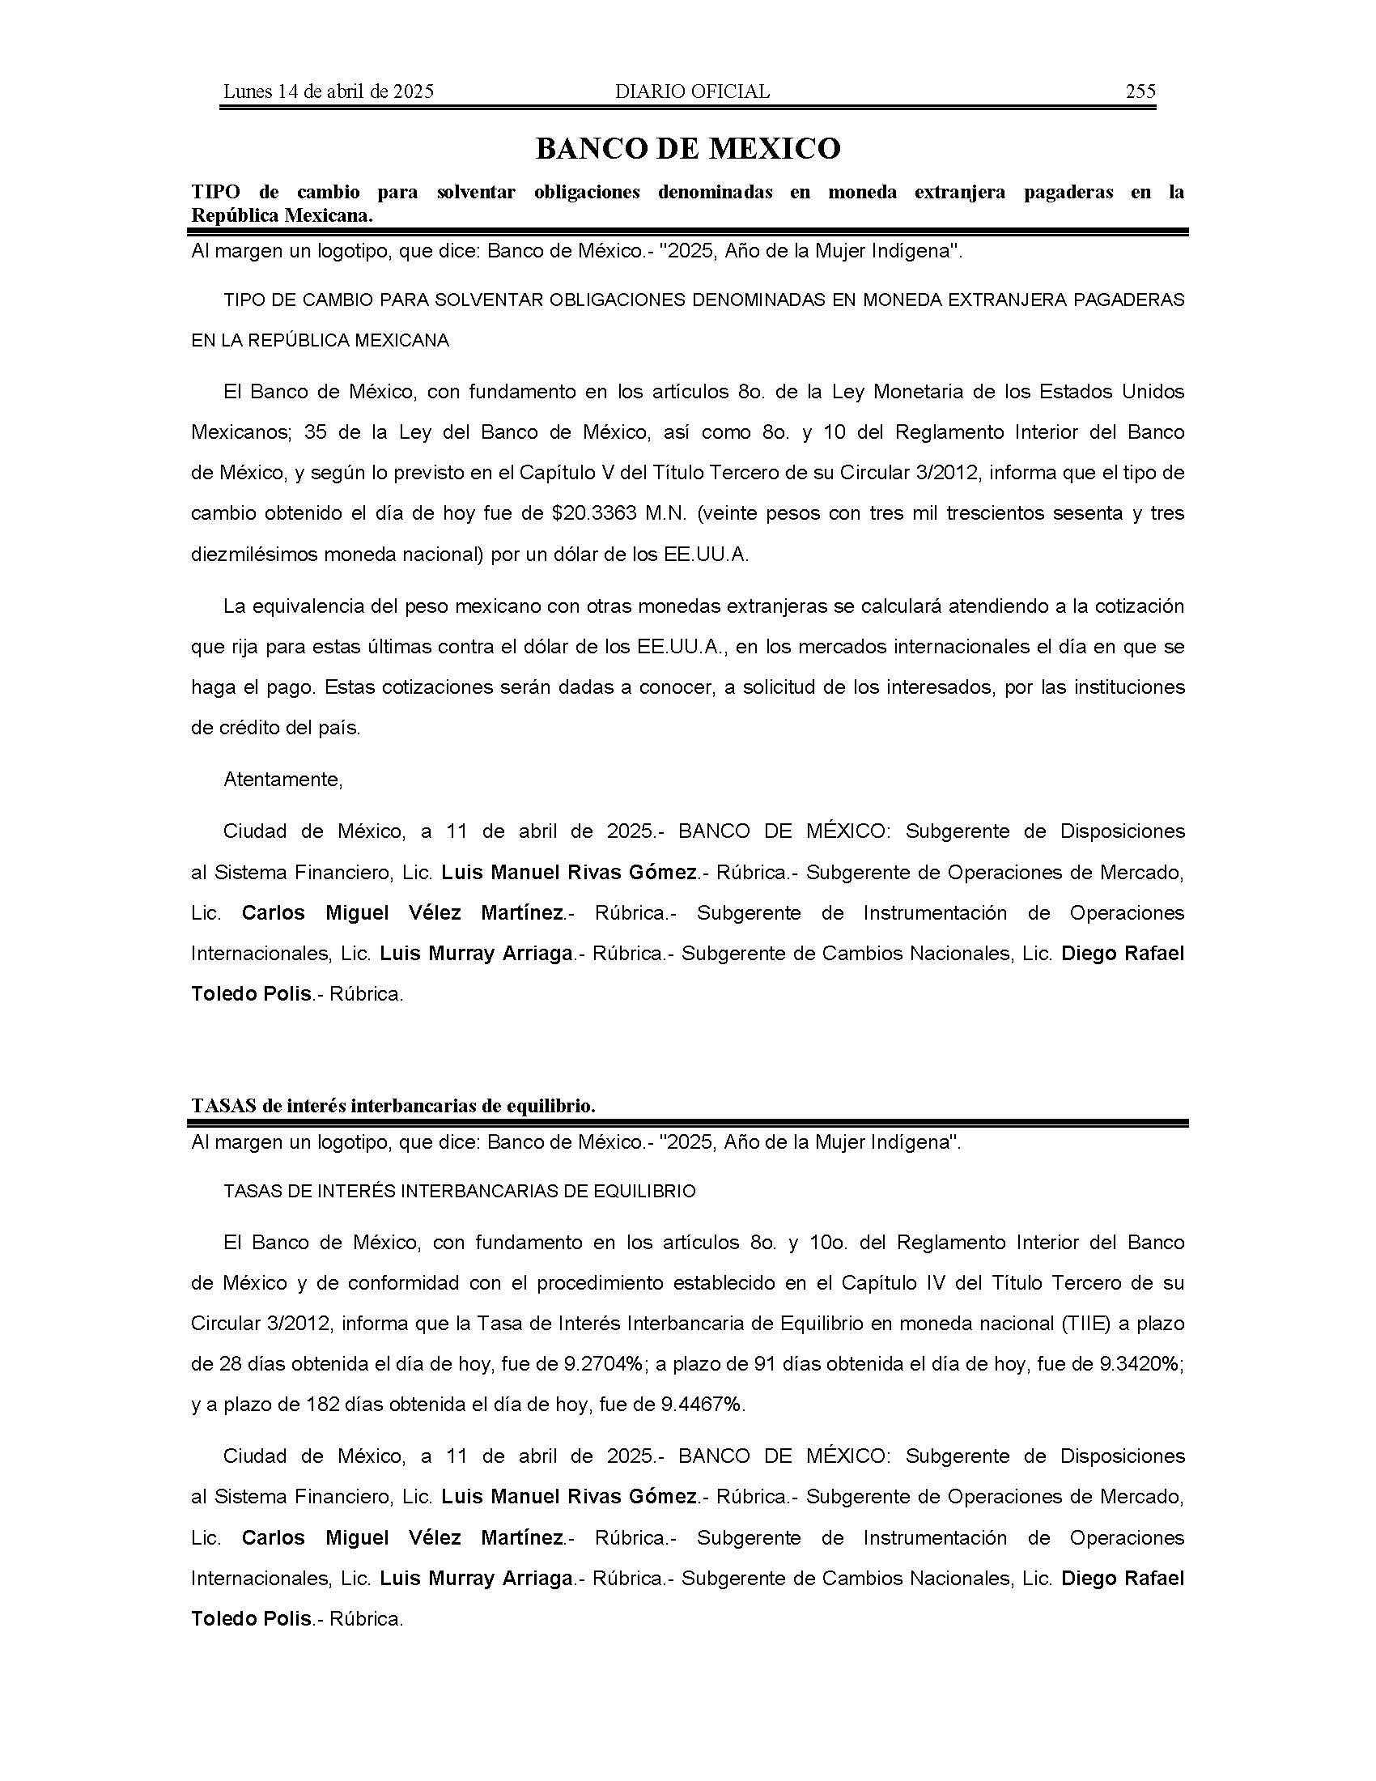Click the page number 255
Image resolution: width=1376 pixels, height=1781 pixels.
[x=1140, y=91]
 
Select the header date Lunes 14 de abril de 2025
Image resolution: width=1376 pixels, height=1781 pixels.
[x=328, y=91]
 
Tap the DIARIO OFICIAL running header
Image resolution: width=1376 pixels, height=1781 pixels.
[x=692, y=91]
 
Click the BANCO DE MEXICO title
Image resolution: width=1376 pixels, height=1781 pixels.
[x=687, y=148]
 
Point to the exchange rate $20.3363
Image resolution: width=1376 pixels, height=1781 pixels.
[x=594, y=514]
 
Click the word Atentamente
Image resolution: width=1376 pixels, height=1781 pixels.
[x=282, y=780]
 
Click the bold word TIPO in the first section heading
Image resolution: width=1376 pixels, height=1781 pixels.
[x=216, y=193]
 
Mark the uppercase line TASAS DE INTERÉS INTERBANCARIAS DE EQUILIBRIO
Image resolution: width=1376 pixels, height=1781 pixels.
[x=459, y=1192]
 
